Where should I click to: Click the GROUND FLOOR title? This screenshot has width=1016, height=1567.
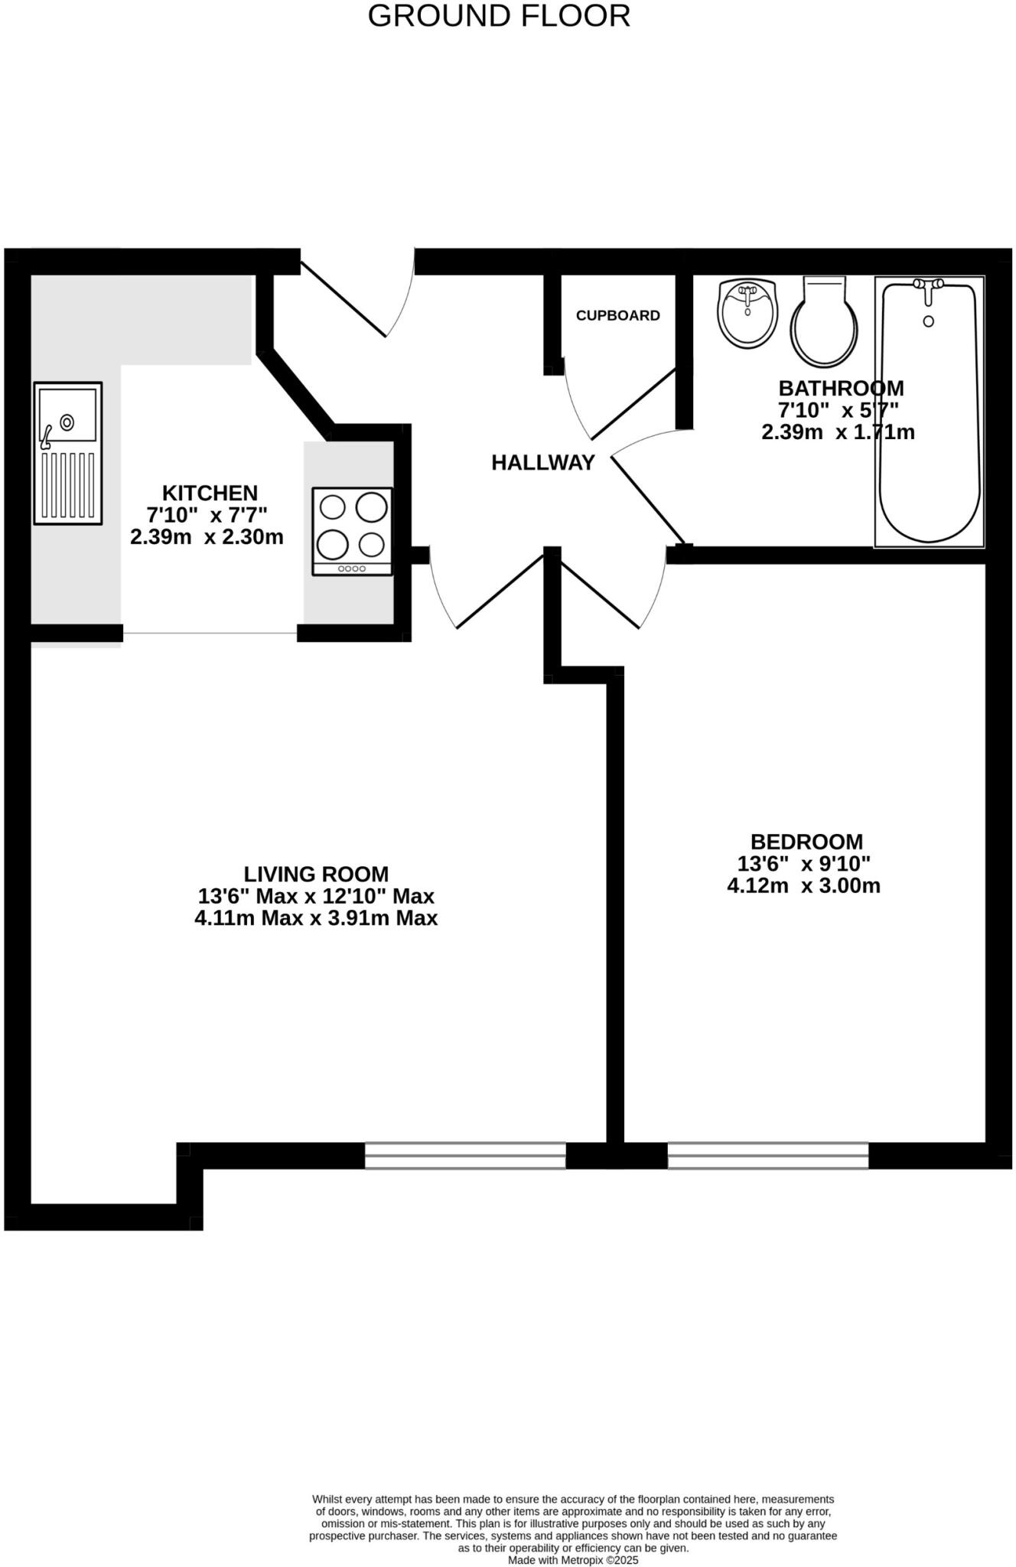[499, 16]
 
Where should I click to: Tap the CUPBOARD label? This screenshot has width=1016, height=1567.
[617, 315]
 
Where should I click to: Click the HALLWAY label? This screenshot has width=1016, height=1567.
[542, 462]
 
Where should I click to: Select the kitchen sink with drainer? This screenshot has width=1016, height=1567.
[67, 453]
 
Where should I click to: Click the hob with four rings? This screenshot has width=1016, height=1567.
[352, 531]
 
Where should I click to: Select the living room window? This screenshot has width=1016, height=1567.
[465, 1155]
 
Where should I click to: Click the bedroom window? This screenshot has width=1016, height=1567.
[767, 1155]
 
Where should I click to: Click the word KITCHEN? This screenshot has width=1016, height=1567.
[210, 493]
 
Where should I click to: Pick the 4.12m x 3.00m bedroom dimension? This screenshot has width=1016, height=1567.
[803, 886]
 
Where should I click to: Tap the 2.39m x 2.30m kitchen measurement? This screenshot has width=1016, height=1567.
[207, 537]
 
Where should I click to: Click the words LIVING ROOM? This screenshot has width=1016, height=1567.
[316, 874]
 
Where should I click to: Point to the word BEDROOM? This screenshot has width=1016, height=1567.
[806, 842]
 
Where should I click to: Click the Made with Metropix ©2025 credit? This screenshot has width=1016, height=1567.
[573, 1559]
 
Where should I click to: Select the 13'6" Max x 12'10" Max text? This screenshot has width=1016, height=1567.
[316, 896]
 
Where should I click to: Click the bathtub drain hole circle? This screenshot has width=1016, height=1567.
[929, 321]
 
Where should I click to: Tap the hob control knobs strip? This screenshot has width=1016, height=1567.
[352, 568]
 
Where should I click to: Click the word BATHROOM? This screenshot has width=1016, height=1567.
[841, 388]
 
